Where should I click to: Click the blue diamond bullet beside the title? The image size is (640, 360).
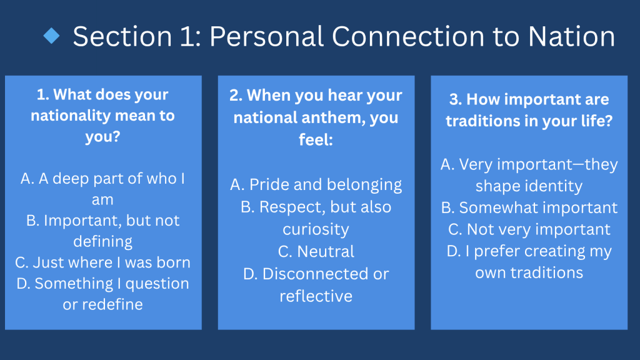pos(51,36)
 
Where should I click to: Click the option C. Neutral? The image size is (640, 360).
pos(316,252)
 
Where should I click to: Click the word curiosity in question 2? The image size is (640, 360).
pos(316,230)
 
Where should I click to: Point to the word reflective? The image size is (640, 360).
pos(316,296)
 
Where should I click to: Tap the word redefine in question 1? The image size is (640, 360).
pos(112,304)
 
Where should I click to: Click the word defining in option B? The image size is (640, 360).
pos(103,242)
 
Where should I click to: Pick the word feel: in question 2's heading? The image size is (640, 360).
pos(316,140)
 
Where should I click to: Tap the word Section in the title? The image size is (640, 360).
pos(122,36)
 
